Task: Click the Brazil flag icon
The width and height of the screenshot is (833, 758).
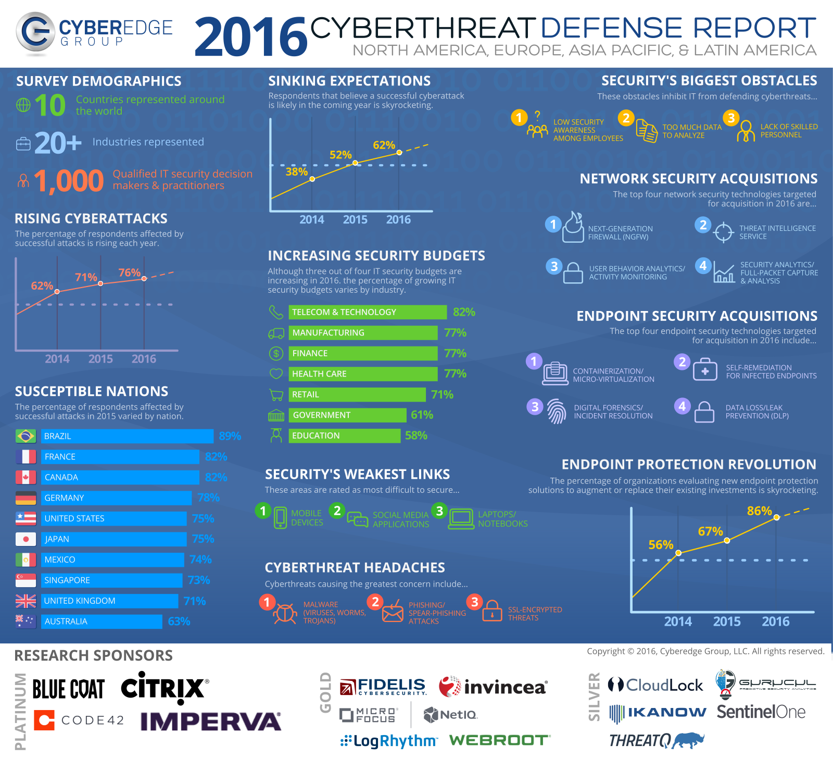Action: (26, 436)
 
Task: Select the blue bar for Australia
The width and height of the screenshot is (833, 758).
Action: (102, 622)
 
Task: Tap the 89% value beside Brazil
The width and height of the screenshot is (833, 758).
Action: (230, 436)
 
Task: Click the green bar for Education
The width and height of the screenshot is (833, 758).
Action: (344, 436)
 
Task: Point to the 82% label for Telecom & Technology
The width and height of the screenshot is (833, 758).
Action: (464, 312)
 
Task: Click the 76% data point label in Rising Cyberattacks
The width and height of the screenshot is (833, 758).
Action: (129, 272)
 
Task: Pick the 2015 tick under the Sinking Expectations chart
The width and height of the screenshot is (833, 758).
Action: (355, 220)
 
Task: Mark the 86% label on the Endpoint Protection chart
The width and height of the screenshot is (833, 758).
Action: (759, 511)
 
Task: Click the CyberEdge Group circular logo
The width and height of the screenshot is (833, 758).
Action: (35, 33)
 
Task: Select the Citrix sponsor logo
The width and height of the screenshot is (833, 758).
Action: (165, 688)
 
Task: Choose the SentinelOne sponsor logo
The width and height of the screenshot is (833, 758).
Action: (761, 712)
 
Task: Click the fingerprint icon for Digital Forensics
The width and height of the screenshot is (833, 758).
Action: (557, 412)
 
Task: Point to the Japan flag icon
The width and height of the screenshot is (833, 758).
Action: (26, 539)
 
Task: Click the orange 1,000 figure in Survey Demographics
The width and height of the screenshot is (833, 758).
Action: (69, 181)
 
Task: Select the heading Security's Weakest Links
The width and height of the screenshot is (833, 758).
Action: (357, 474)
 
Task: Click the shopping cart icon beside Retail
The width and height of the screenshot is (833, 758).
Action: (276, 395)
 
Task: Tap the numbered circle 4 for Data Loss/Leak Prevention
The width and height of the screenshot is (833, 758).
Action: (682, 406)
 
